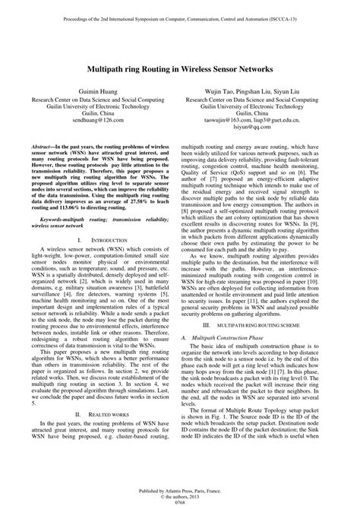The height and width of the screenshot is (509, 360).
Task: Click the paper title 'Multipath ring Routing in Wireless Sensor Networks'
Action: point(179,68)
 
